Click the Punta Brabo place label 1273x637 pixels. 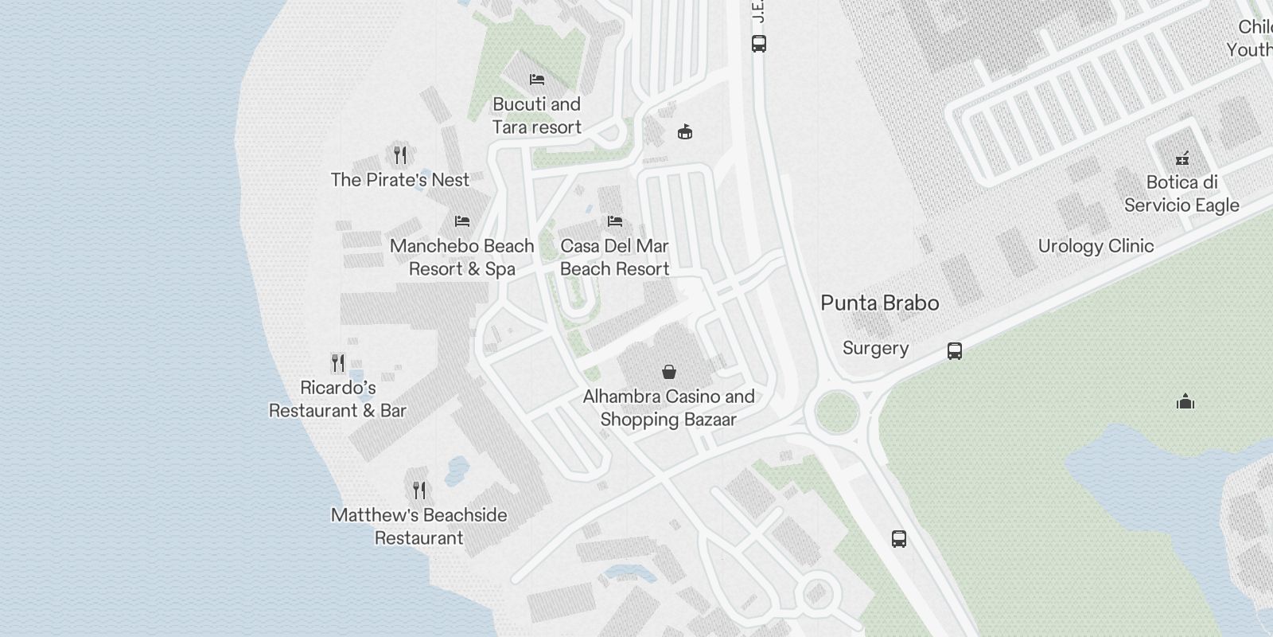(x=879, y=303)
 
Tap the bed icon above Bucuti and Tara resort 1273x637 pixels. (x=537, y=80)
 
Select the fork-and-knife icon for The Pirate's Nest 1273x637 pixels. (x=400, y=154)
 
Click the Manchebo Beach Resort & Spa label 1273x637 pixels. (x=462, y=257)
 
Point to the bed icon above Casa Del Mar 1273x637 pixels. (x=614, y=221)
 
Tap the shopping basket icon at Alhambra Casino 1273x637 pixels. (x=669, y=372)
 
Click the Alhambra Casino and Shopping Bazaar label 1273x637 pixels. (x=668, y=408)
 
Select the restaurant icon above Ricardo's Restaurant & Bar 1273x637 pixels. (x=338, y=363)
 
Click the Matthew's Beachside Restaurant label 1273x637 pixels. (x=419, y=526)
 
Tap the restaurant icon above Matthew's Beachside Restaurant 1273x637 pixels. (x=419, y=490)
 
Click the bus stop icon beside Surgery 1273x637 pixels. (x=955, y=351)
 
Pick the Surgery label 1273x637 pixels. (x=875, y=349)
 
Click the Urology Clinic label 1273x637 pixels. (x=1096, y=246)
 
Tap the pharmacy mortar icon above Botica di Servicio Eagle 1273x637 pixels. (x=1182, y=158)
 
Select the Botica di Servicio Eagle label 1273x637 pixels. (x=1182, y=193)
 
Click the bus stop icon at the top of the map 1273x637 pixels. (x=759, y=44)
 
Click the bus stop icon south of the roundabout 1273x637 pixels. (x=899, y=539)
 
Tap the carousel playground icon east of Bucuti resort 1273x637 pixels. (x=684, y=132)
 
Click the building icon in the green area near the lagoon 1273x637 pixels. (x=1185, y=401)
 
